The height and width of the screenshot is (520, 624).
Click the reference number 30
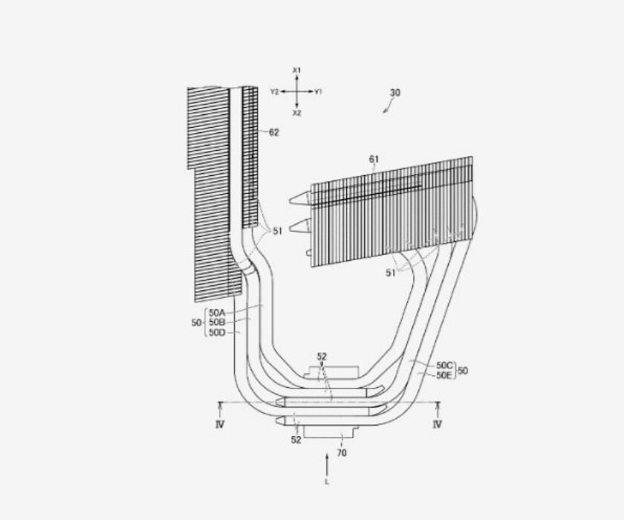coord(394,93)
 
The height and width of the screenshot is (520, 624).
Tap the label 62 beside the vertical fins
coord(274,132)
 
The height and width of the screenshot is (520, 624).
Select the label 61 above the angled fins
coord(374,159)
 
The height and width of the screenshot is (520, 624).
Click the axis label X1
coord(297,71)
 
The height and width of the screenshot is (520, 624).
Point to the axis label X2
coord(297,113)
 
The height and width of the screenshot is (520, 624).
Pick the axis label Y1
coord(318,92)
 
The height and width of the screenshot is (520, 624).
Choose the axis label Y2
coord(275,92)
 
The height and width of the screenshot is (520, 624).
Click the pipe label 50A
coord(217,313)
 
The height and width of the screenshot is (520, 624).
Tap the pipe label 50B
coord(217,322)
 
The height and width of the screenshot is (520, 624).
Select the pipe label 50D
coord(217,332)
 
